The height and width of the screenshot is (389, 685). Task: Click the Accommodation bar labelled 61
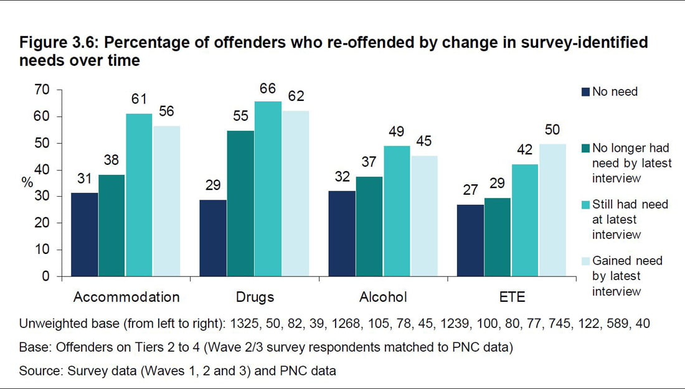point(139,195)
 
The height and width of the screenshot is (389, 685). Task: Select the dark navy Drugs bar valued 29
point(213,238)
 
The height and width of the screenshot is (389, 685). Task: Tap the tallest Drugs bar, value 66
point(268,189)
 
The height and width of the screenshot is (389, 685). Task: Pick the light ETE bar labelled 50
point(552,210)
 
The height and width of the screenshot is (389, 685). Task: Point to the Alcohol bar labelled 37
point(369,227)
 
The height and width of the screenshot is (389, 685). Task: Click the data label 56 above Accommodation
point(166,112)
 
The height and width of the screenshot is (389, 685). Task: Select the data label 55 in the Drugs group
point(240,117)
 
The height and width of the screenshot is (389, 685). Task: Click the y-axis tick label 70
point(41,90)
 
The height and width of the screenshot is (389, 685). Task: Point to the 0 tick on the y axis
point(45,276)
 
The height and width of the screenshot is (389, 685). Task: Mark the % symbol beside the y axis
point(26,182)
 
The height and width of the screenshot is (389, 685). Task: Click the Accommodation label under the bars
point(126,297)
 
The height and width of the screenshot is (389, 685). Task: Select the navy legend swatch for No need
point(585,92)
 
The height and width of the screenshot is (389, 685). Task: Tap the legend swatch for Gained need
point(585,261)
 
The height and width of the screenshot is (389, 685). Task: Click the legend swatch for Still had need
point(585,205)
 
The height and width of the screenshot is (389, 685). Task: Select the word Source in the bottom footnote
point(39,370)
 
